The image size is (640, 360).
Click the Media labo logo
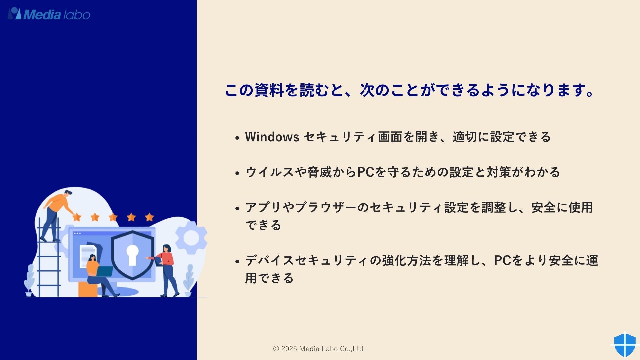(x=49, y=14)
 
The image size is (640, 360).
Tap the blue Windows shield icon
(x=625, y=345)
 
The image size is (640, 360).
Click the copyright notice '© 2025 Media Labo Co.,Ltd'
(x=318, y=349)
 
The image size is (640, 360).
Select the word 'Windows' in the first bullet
(x=272, y=137)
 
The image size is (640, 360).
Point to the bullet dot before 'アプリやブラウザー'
(x=237, y=209)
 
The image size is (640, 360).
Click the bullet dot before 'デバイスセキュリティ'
(x=237, y=261)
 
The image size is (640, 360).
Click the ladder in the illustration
(x=49, y=257)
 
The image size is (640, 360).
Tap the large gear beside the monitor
(x=191, y=237)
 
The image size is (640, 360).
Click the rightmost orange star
(x=149, y=217)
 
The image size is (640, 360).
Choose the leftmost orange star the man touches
(x=77, y=217)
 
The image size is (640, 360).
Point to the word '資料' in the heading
(x=269, y=90)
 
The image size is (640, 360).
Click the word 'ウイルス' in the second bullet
(x=270, y=172)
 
